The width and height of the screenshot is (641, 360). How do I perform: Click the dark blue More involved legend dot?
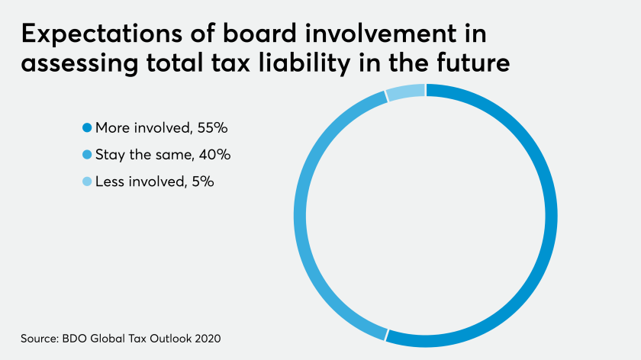pos(87,128)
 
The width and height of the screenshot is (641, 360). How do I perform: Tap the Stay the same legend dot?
pos(87,155)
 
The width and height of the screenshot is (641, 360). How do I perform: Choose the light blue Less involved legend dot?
pos(87,182)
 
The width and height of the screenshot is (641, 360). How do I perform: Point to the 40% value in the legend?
pos(214,155)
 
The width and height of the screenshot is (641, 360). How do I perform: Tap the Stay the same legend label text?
pos(146,155)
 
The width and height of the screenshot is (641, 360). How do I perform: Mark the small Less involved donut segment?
pos(405,93)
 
